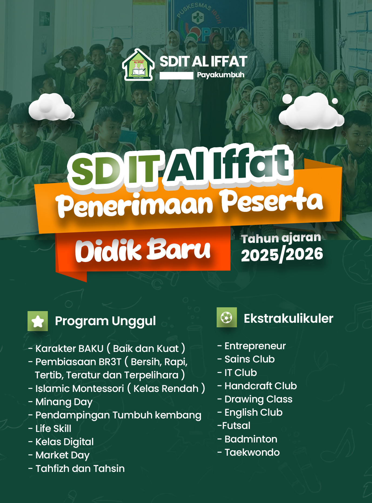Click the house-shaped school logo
click(138, 65)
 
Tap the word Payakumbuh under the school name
click(220, 75)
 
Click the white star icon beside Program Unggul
click(38, 321)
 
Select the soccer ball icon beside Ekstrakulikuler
click(227, 317)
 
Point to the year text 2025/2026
click(282, 255)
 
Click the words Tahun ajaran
click(281, 238)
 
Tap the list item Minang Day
click(61, 402)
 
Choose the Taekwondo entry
click(249, 452)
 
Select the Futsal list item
click(234, 426)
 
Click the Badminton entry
click(247, 439)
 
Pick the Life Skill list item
click(50, 428)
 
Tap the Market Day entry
click(59, 455)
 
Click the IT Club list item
click(237, 372)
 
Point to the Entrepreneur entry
click(252, 346)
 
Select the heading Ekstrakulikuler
click(289, 318)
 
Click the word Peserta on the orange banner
click(272, 201)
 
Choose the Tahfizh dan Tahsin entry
click(76, 468)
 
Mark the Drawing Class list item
click(255, 399)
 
